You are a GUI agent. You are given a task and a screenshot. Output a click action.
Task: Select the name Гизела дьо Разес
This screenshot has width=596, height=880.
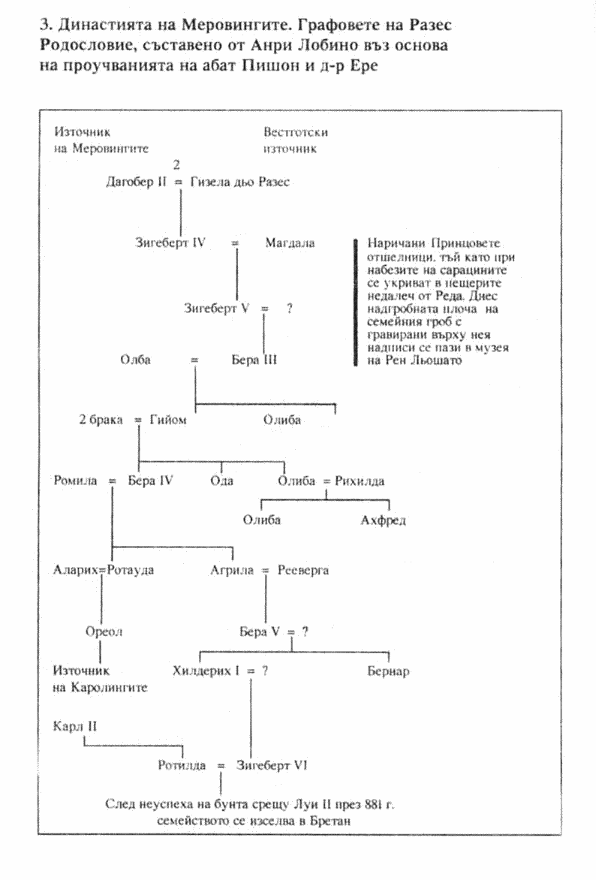tap(240, 182)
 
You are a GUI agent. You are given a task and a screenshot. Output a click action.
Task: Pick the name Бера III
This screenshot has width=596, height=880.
tap(254, 360)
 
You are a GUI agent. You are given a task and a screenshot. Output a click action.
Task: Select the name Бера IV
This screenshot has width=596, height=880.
tap(151, 481)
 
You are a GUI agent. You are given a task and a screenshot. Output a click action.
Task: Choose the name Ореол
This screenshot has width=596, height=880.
tap(104, 631)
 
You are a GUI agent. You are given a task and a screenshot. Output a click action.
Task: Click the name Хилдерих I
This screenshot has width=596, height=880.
tap(206, 671)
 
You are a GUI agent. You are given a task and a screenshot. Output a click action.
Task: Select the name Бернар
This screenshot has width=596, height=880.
tap(388, 671)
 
